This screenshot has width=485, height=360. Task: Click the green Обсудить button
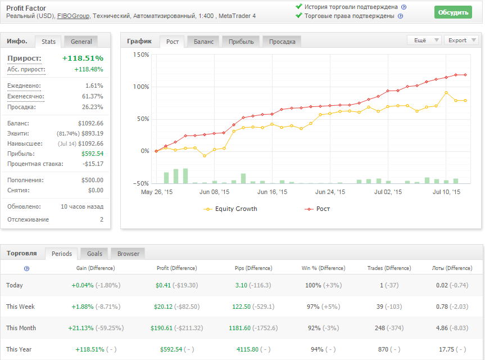453,12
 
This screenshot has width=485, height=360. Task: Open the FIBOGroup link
73,16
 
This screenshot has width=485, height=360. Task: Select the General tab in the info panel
81,41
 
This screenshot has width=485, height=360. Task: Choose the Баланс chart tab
203,41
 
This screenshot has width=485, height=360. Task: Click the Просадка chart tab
282,41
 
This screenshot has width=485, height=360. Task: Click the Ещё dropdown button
424,40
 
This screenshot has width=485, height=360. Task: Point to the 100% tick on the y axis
141,87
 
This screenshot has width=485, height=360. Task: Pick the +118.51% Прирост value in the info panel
83,58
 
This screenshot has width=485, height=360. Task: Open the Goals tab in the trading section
94,254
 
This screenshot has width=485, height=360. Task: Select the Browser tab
128,254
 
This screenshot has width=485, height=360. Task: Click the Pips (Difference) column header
251,268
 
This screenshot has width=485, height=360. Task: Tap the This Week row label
20,307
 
